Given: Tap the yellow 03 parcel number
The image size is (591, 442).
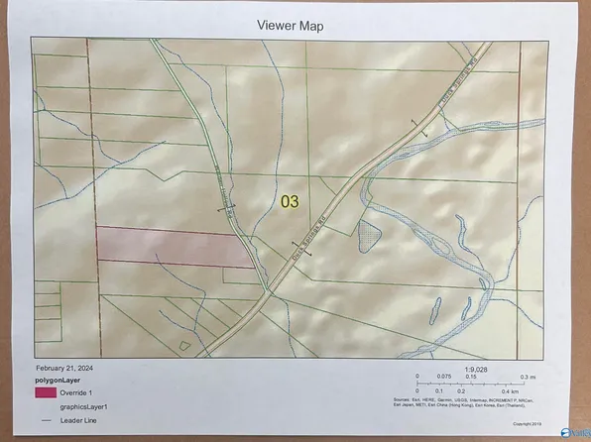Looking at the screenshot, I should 290,201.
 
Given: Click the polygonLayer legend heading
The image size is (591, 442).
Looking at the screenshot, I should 59,380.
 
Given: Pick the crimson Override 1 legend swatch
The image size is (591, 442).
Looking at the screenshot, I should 44,393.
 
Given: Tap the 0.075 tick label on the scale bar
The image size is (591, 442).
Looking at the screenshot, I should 446,378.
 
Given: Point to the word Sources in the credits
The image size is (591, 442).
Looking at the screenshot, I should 422,400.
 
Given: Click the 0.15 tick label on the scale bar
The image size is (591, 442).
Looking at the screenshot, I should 473,378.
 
